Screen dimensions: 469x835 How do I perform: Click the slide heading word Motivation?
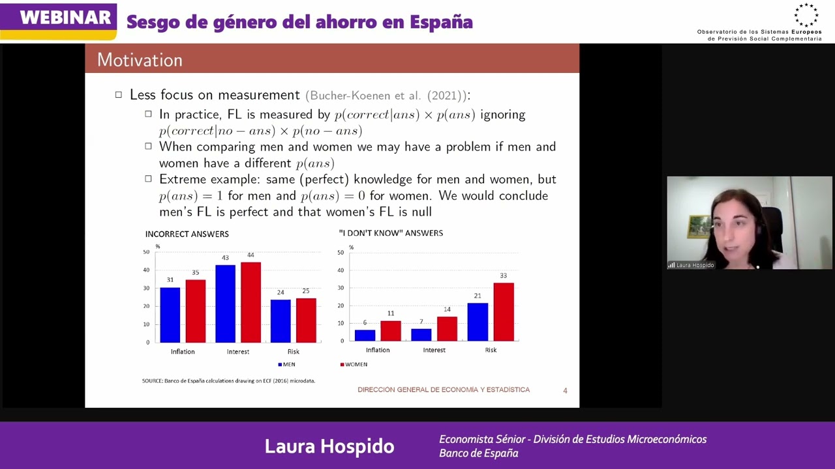(140, 60)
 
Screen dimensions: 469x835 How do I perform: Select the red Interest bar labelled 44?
(250, 302)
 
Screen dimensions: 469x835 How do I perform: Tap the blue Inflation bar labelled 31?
(170, 315)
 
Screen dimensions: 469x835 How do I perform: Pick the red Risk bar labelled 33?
(504, 311)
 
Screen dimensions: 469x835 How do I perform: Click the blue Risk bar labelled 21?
(478, 322)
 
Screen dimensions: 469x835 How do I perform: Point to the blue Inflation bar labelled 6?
(365, 335)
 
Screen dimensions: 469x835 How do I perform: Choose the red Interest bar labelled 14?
(447, 328)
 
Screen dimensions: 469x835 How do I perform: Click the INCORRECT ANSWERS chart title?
(187, 234)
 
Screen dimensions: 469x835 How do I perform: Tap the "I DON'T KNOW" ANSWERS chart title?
(391, 233)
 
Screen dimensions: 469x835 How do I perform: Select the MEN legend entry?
(287, 364)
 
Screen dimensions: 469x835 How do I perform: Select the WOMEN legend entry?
(354, 364)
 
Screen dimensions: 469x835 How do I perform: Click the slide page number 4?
(565, 390)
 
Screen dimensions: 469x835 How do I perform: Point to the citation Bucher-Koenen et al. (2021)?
(386, 96)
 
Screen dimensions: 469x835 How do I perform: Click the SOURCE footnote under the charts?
(228, 380)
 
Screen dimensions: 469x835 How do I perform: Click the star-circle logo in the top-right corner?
(806, 16)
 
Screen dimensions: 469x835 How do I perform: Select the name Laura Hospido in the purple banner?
(329, 446)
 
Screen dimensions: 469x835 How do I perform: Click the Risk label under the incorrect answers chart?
(293, 352)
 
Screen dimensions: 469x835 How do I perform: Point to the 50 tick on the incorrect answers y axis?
(146, 252)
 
